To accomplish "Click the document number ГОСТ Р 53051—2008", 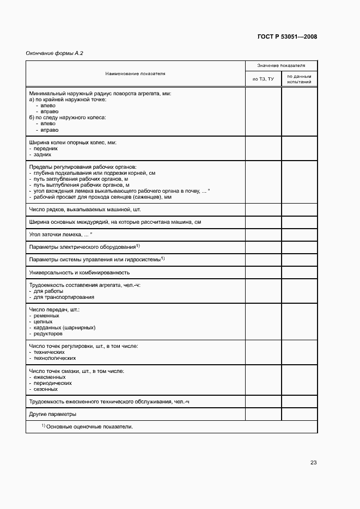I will (x=286, y=37).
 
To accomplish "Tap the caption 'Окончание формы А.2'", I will (x=54, y=53).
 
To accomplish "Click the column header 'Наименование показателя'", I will (x=136, y=73).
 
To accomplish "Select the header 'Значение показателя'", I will (x=281, y=65).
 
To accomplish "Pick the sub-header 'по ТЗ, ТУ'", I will (x=264, y=79).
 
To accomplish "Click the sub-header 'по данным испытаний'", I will (x=299, y=79).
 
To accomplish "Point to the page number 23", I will (x=313, y=463).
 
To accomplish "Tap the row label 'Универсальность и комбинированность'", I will (x=79, y=272).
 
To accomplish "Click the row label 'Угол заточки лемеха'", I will (x=60, y=235).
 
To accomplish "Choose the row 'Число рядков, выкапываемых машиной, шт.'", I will (x=84, y=210).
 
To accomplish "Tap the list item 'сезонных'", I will (x=45, y=389).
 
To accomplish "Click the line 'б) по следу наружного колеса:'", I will (x=67, y=117).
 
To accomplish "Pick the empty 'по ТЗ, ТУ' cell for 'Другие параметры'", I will (x=264, y=414).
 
